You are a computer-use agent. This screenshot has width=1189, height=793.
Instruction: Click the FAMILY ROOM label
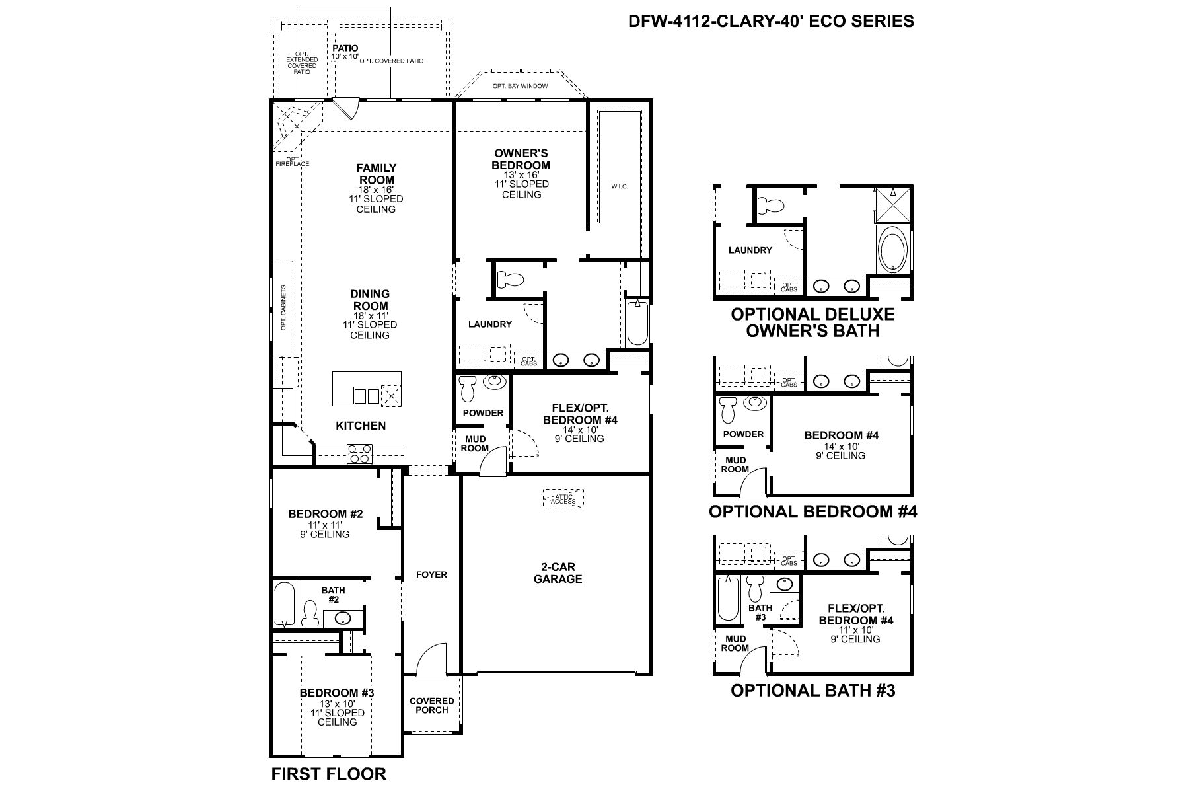click(x=377, y=174)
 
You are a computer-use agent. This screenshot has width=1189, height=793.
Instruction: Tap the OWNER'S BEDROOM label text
click(x=521, y=159)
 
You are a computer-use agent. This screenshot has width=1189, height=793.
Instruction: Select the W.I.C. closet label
click(x=619, y=187)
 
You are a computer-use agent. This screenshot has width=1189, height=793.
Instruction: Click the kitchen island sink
click(x=367, y=396)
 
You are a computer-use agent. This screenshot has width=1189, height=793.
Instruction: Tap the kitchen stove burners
click(x=360, y=453)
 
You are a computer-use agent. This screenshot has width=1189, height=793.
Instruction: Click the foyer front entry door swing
click(x=433, y=661)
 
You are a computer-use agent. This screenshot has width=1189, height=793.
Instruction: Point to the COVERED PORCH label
click(x=432, y=705)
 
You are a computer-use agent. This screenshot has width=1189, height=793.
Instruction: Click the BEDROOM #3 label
click(x=337, y=693)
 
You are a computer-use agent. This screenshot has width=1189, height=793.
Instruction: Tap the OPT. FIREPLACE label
click(x=292, y=161)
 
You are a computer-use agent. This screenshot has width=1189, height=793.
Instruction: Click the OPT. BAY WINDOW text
click(x=511, y=87)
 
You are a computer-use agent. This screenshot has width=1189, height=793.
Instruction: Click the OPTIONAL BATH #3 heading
click(x=812, y=691)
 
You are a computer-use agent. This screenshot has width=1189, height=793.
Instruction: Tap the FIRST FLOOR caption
click(x=328, y=774)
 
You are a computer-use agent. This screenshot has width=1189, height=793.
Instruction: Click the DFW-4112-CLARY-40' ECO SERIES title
click(x=770, y=21)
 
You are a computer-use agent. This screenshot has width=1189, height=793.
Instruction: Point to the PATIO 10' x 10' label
click(x=345, y=52)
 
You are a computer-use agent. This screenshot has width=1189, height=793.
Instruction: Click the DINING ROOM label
click(x=370, y=299)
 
